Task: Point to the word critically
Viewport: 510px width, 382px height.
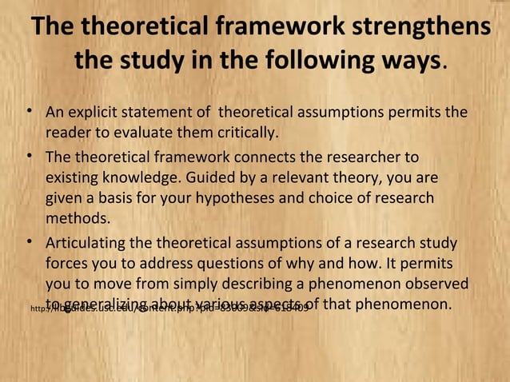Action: click(239, 131)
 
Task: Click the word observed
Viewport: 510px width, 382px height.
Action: click(438, 284)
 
